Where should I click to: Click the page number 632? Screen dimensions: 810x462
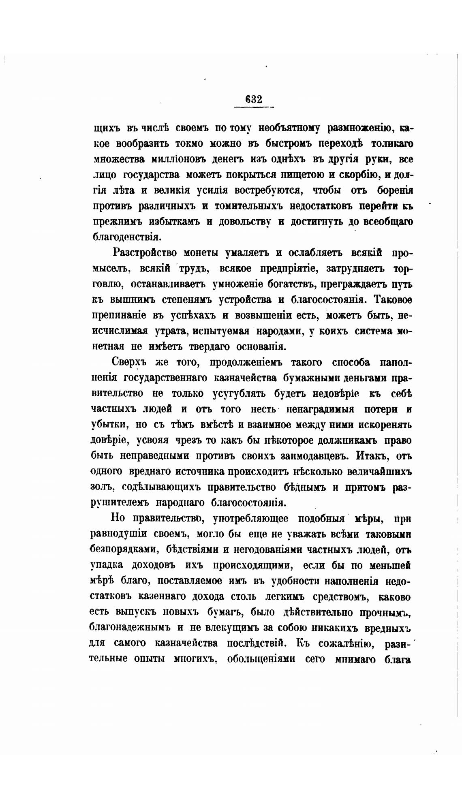(254, 99)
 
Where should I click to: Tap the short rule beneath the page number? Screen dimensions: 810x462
(254, 107)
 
